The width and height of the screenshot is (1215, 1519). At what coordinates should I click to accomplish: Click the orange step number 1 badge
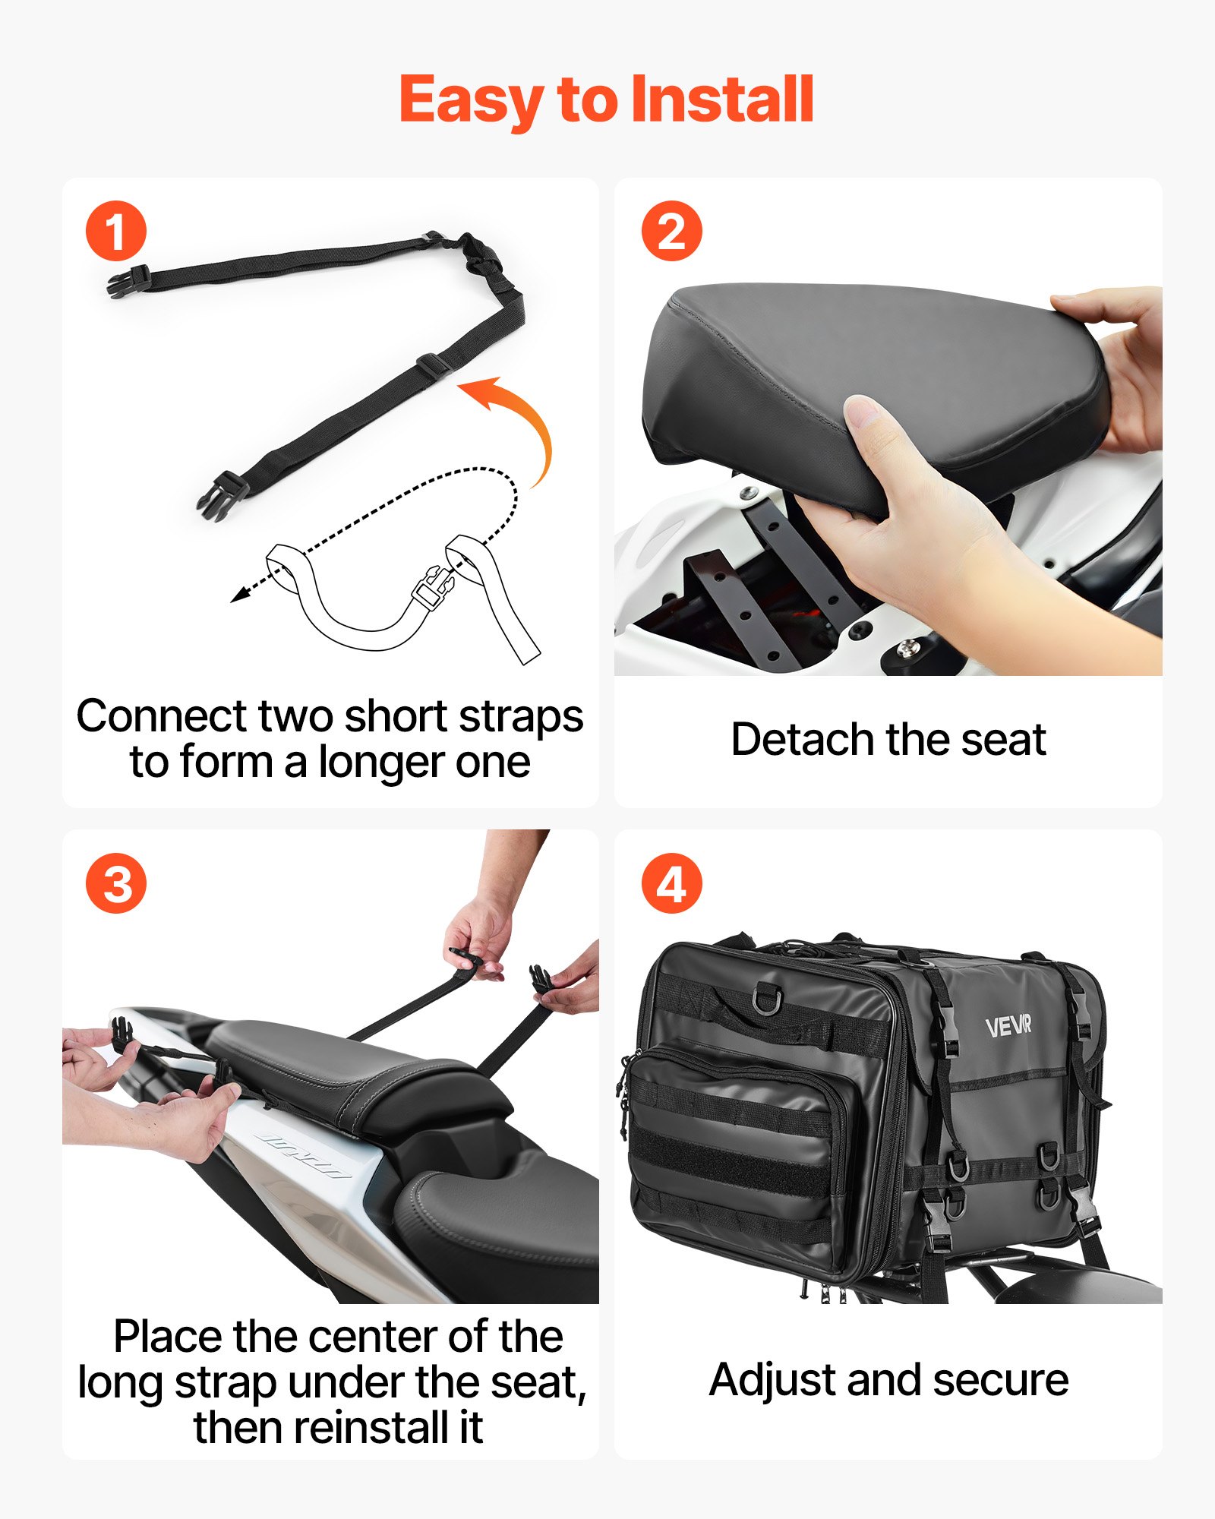pyautogui.click(x=116, y=231)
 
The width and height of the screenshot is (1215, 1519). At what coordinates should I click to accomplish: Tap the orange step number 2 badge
pyautogui.click(x=671, y=231)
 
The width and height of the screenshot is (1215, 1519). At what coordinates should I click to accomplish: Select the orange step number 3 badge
pyautogui.click(x=116, y=883)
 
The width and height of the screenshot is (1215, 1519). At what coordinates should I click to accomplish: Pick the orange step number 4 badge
pyautogui.click(x=671, y=883)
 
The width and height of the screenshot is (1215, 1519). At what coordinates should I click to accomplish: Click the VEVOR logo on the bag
pyautogui.click(x=1008, y=1027)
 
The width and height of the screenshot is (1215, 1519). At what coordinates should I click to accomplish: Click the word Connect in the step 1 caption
pyautogui.click(x=162, y=716)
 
